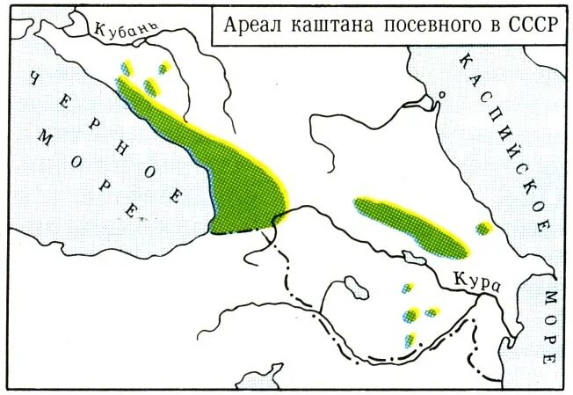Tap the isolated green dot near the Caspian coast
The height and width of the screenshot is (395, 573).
point(482,229)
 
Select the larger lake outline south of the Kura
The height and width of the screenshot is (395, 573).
point(356,287)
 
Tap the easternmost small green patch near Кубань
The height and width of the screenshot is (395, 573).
point(162,68)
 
